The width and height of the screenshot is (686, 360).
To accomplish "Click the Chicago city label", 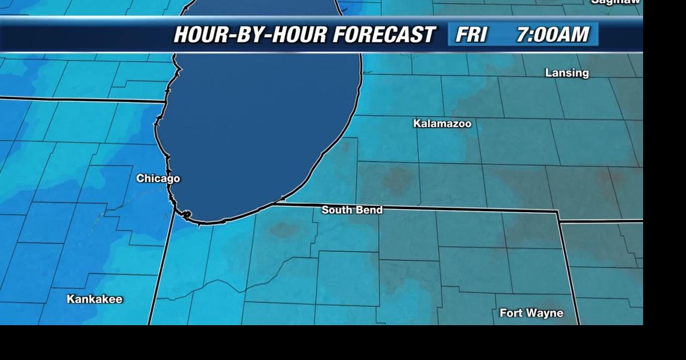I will pos(158,178).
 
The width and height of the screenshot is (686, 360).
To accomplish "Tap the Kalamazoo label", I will pos(442,124).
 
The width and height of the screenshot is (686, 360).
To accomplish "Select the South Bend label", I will pos(352,210).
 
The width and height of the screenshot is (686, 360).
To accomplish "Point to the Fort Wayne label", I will pos(531,313).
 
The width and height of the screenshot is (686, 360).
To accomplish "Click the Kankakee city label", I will pos(94,299).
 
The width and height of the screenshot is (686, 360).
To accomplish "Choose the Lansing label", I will pos(566,73).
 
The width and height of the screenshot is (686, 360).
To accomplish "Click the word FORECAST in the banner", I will pos(384,35).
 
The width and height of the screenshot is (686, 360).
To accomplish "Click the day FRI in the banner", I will pos(471,35).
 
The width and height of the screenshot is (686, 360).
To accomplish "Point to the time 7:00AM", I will pos(553,35).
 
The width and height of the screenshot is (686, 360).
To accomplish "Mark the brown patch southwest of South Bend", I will pos(283,230).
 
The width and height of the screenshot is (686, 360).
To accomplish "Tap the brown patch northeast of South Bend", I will pos(397,179).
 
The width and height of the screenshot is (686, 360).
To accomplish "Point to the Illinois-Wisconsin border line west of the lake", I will pos(80,100).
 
